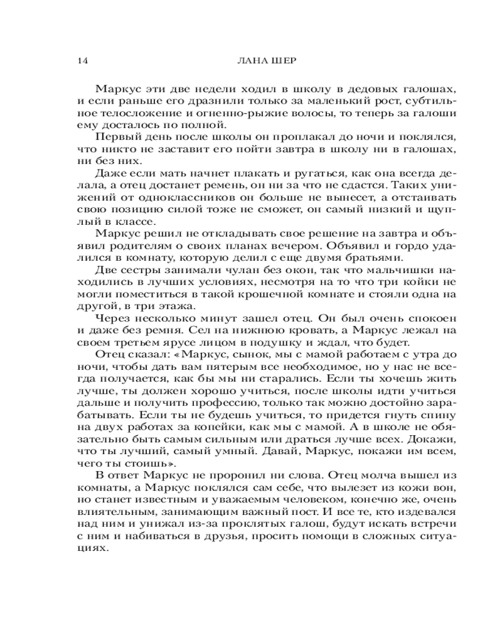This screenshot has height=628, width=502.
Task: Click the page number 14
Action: (80, 61)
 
